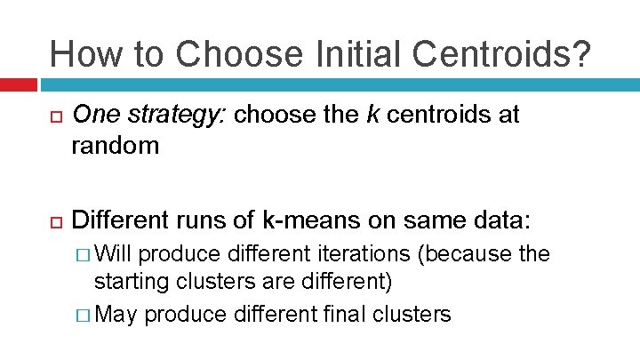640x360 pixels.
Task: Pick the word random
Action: [x=116, y=146]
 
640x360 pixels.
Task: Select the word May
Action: [x=116, y=314]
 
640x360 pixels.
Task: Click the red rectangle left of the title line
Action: [x=18, y=85]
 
